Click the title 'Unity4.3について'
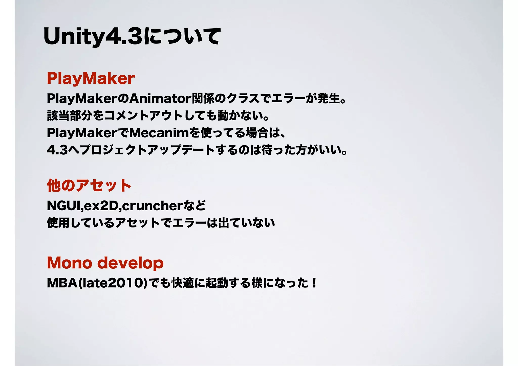132,37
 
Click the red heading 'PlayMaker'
91,78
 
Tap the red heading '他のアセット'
89,186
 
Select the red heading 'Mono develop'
105,263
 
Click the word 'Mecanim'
159,133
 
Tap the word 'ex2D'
101,206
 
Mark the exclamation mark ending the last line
314,283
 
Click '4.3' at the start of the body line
57,150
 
